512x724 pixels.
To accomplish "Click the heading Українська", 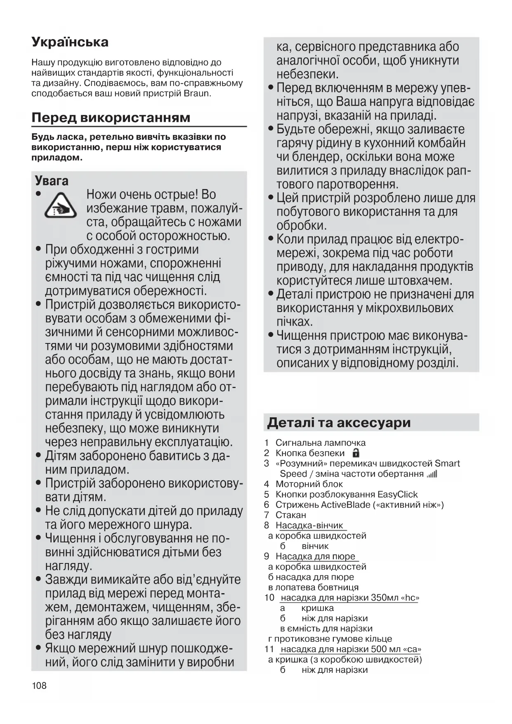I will click(70, 42).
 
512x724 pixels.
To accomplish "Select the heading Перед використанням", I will click(111, 118).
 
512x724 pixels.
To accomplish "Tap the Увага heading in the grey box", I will click(52, 181).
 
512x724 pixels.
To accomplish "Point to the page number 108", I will click(39, 686).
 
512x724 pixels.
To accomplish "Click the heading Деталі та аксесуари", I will click(339, 423).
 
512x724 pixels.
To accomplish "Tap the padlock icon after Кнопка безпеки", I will click(356, 453).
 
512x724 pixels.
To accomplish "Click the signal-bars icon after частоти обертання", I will click(432, 474).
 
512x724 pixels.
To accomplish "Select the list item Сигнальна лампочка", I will click(320, 443).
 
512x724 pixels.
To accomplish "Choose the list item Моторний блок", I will click(309, 484).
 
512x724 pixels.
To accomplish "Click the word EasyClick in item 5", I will click(397, 494).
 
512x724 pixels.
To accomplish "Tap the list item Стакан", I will click(290, 515).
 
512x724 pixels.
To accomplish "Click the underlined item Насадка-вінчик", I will click(309, 525).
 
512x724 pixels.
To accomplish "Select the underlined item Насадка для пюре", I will click(315, 556).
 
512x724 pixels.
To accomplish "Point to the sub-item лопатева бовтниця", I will click(316, 587).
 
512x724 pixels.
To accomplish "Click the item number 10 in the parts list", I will click(269, 598).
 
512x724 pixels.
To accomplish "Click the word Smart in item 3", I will click(447, 464).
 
